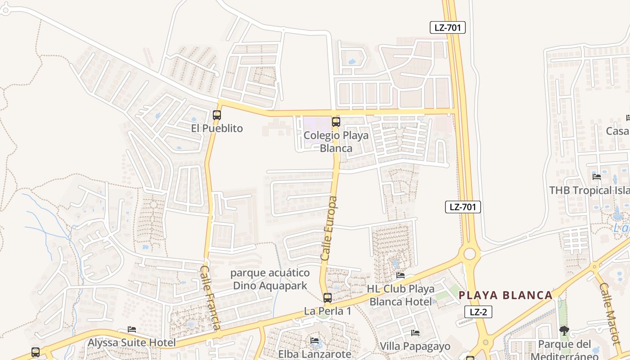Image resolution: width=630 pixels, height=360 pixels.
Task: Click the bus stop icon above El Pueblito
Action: (217, 115)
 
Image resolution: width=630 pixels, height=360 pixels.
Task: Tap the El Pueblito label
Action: (217, 128)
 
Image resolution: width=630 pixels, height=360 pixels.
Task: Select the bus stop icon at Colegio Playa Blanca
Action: (336, 121)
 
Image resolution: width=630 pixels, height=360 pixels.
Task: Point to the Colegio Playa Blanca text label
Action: (336, 141)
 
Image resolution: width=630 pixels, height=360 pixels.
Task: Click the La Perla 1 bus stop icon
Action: (328, 297)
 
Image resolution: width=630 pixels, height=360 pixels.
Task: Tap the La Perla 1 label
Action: (327, 311)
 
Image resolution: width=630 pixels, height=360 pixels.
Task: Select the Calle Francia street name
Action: (211, 297)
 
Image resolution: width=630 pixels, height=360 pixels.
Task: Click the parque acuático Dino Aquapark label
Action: (270, 279)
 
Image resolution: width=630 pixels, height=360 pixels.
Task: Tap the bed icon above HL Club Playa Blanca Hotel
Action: (400, 275)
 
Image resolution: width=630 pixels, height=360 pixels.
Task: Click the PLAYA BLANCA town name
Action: (505, 295)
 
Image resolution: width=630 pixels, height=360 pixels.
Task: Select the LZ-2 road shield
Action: (478, 312)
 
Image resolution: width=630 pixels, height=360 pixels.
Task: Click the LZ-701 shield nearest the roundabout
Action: (463, 207)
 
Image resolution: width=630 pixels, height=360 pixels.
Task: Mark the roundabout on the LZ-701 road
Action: (469, 254)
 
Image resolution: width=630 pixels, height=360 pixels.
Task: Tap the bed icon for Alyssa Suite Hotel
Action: (132, 329)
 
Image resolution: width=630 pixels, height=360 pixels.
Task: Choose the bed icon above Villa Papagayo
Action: (415, 333)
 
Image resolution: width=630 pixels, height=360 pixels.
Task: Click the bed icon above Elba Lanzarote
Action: (315, 341)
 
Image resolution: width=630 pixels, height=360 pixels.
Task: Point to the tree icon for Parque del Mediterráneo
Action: (564, 331)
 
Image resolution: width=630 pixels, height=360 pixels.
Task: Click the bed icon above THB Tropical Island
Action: (597, 176)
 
